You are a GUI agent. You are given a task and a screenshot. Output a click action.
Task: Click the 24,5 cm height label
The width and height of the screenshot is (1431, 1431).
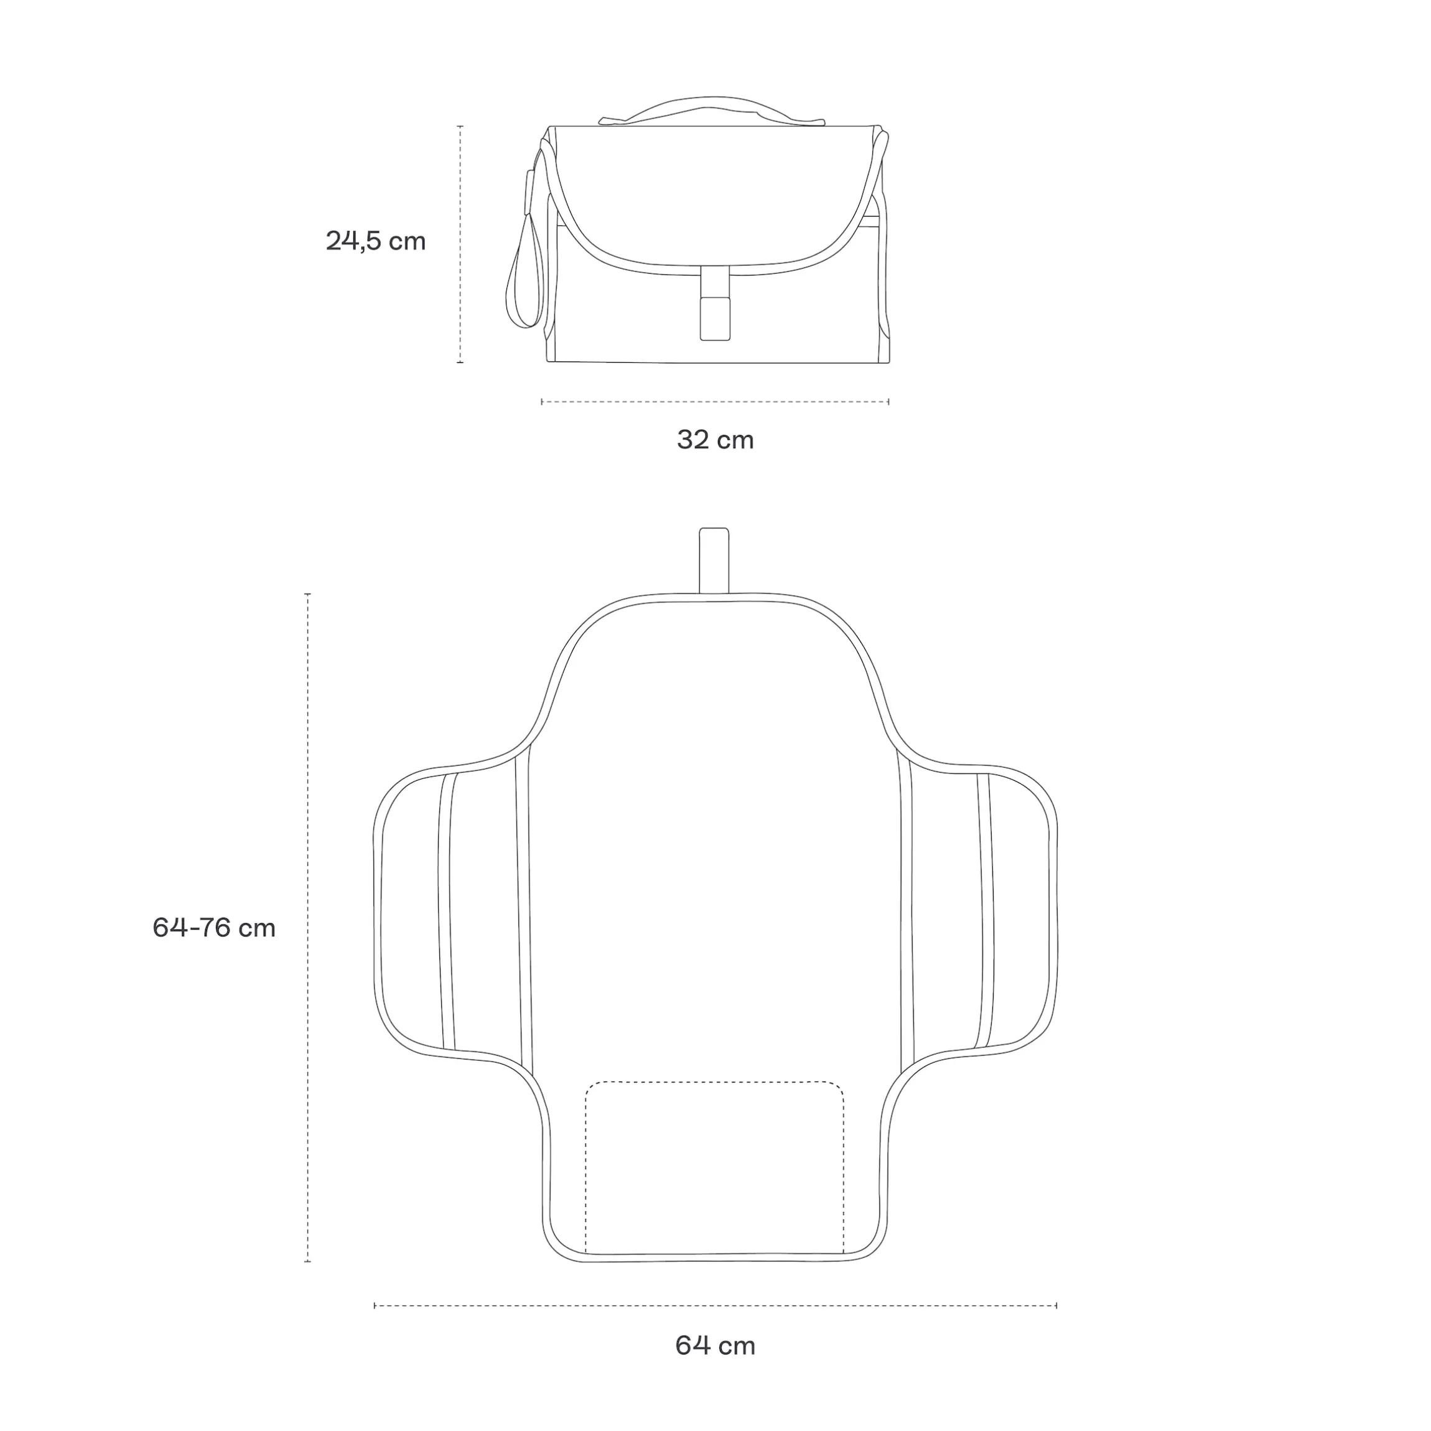(376, 241)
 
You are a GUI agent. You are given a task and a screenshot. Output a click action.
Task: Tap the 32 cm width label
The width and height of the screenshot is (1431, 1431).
(715, 440)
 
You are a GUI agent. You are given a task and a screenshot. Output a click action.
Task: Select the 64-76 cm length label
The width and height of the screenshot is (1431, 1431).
(214, 928)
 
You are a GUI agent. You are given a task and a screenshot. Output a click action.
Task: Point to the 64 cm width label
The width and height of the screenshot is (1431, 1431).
(715, 1345)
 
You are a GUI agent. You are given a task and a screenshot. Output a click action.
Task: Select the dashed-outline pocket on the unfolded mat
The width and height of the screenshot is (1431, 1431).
(715, 1168)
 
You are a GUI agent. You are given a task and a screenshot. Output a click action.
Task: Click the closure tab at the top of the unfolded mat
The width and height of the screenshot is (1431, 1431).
(714, 560)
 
